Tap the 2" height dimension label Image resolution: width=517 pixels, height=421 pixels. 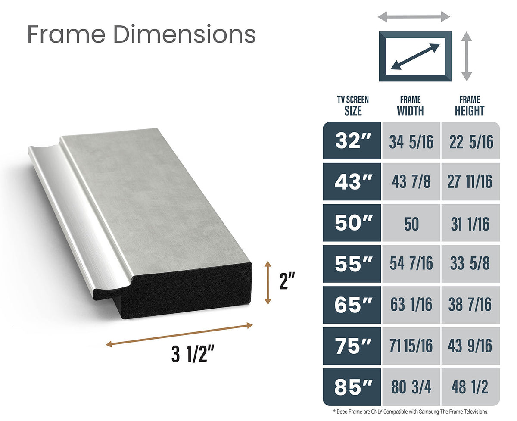click(x=287, y=282)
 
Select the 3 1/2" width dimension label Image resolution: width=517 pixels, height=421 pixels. click(x=193, y=356)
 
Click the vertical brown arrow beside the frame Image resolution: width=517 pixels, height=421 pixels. click(x=268, y=283)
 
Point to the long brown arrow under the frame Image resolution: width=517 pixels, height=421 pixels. click(x=179, y=334)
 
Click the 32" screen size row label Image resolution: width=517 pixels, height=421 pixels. click(x=352, y=141)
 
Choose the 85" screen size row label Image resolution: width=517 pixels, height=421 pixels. click(x=352, y=387)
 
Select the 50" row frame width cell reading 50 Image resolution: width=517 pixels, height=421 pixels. click(x=411, y=224)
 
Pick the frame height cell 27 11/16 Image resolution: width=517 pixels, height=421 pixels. click(x=470, y=182)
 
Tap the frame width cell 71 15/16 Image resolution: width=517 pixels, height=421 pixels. click(x=411, y=346)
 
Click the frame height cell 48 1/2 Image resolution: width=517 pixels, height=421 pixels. click(x=470, y=387)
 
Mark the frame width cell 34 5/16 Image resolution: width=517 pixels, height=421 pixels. click(x=411, y=142)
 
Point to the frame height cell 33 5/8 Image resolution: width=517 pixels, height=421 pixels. click(x=470, y=263)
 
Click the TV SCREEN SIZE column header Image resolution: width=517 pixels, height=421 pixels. click(x=352, y=106)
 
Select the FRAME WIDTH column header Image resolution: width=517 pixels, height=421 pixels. click(x=410, y=106)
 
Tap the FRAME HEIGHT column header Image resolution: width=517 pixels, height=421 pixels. click(x=469, y=106)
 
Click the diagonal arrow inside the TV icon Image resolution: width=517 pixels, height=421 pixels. click(x=415, y=56)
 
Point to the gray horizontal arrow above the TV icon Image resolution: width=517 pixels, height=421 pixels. click(x=414, y=17)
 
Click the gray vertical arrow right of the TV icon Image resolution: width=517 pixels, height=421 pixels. click(x=467, y=56)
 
